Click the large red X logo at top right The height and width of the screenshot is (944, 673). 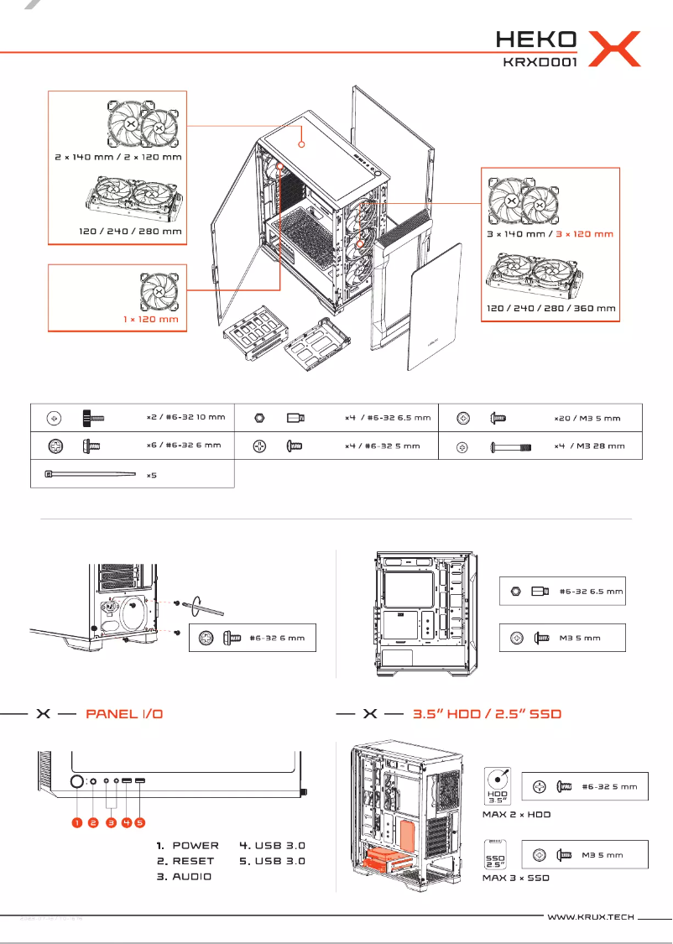coord(614,49)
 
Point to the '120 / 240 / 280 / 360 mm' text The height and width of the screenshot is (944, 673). coord(551,308)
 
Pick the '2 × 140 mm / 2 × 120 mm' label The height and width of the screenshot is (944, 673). coord(117,157)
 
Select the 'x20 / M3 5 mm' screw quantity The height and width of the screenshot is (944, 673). coord(587,417)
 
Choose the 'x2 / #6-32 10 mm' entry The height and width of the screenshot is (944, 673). coord(185,417)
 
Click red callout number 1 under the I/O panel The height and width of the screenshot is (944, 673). coord(76,823)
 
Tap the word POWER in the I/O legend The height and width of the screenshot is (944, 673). coord(195,845)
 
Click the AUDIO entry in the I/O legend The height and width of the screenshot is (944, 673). coord(191,876)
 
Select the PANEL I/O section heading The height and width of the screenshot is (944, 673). coord(124,714)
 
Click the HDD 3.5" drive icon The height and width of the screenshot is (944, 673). coord(501,786)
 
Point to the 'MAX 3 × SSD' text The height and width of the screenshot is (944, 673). coord(516,878)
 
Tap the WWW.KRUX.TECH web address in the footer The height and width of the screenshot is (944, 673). coord(590,918)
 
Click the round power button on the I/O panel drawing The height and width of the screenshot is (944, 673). coord(77,782)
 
